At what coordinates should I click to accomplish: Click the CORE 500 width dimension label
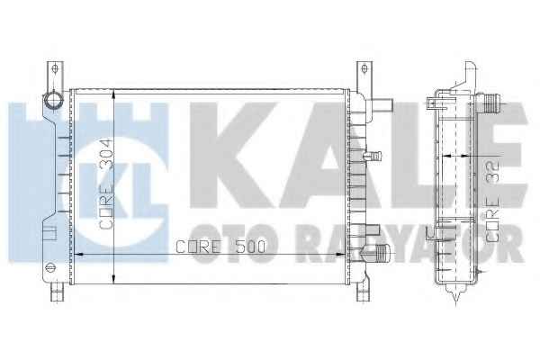click(x=220, y=247)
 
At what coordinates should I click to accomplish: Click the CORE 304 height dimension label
click(x=105, y=184)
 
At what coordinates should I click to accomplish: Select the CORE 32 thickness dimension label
click(x=492, y=201)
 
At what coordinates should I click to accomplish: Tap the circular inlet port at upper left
click(x=53, y=101)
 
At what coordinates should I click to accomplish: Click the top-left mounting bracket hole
click(x=55, y=69)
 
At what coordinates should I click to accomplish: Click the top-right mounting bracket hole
click(x=364, y=69)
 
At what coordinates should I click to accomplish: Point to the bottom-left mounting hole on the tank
click(x=49, y=267)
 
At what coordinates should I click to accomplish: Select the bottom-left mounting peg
click(x=57, y=292)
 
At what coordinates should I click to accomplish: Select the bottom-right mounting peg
click(x=363, y=292)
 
